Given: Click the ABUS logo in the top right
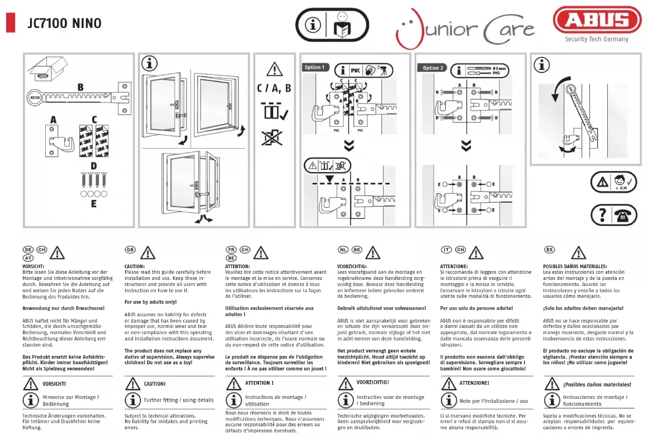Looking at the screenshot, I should pyautogui.click(x=597, y=20).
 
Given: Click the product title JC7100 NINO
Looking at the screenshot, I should pyautogui.click(x=64, y=23).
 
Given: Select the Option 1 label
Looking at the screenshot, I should pyautogui.click(x=313, y=68).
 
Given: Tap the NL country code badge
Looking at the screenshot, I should pyautogui.click(x=343, y=249).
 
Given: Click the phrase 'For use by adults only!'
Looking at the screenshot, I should pyautogui.click(x=150, y=302).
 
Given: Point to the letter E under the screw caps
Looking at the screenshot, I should pyautogui.click(x=94, y=204).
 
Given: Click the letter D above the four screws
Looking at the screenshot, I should pyautogui.click(x=93, y=165).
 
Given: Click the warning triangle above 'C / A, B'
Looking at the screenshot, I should pyautogui.click(x=274, y=70).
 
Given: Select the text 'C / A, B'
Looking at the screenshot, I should pyautogui.click(x=274, y=88).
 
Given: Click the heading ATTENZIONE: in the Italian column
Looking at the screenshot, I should pyautogui.click(x=454, y=266).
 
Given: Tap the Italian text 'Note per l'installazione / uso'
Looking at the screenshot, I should pyautogui.click(x=493, y=401).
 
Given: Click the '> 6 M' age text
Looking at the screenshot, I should pyautogui.click(x=621, y=189).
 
